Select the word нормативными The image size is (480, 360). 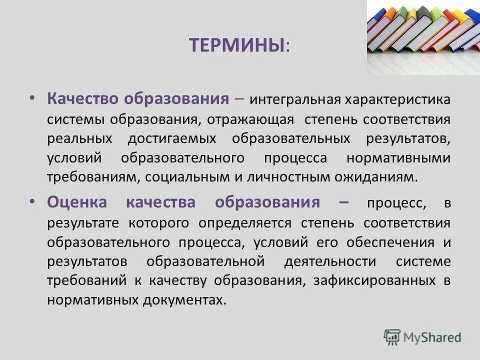click(398, 158)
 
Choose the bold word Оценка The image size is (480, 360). click(77, 202)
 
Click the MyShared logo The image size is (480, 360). click(422, 337)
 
